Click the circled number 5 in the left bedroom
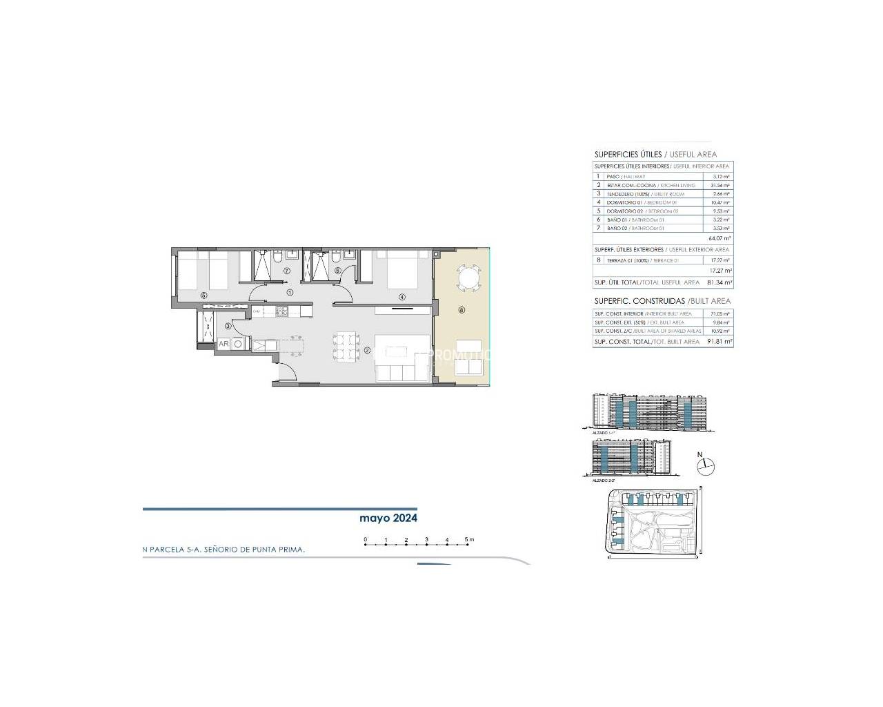pos(204,296)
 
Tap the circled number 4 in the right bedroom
pos(401,298)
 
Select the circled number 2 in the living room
pos(367,350)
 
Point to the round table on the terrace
pos(467,280)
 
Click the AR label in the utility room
pos(224,343)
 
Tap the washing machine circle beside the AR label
pos(238,343)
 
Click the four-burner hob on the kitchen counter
pos(281,312)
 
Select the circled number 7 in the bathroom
pos(286,271)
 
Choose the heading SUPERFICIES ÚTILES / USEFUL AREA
pos(655,155)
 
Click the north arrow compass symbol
pos(706,467)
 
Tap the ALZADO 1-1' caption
pos(603,432)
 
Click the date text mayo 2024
pos(388,518)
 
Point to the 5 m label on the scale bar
pos(470,539)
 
